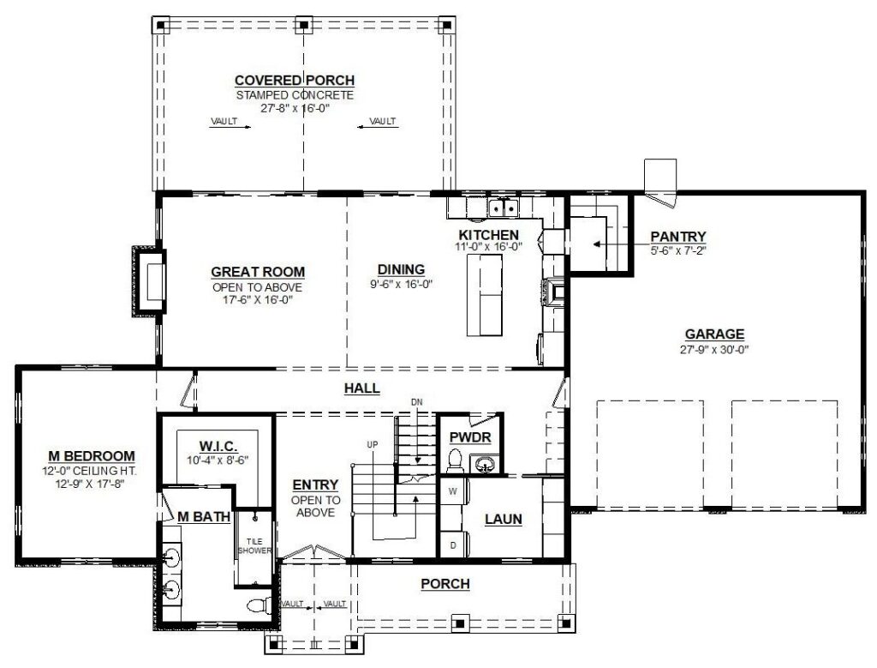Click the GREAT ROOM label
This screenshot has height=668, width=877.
[x=258, y=272]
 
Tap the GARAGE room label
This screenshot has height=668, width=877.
[x=714, y=334]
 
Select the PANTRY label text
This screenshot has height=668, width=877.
[x=678, y=237]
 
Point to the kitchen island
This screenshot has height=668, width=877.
[x=485, y=295]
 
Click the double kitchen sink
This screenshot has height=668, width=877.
[x=504, y=208]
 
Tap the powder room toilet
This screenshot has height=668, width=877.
[x=454, y=460]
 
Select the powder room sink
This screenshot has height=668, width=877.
[x=483, y=464]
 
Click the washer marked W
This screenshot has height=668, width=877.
[x=454, y=492]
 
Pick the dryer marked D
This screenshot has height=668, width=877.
[x=454, y=545]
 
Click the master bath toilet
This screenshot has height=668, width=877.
[x=259, y=605]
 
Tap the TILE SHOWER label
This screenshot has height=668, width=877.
[x=254, y=546]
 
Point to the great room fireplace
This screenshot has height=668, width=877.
[x=149, y=281]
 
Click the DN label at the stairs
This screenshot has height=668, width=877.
[x=417, y=401]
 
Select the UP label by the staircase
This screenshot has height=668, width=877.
[x=372, y=444]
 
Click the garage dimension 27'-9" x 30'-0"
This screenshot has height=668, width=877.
[x=714, y=350]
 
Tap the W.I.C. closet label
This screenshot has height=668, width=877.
[x=218, y=446]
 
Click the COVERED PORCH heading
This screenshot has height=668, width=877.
[x=295, y=81]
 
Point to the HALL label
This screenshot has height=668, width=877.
[x=362, y=388]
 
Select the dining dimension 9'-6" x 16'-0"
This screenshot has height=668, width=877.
[x=401, y=285]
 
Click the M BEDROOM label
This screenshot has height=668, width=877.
[x=91, y=456]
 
